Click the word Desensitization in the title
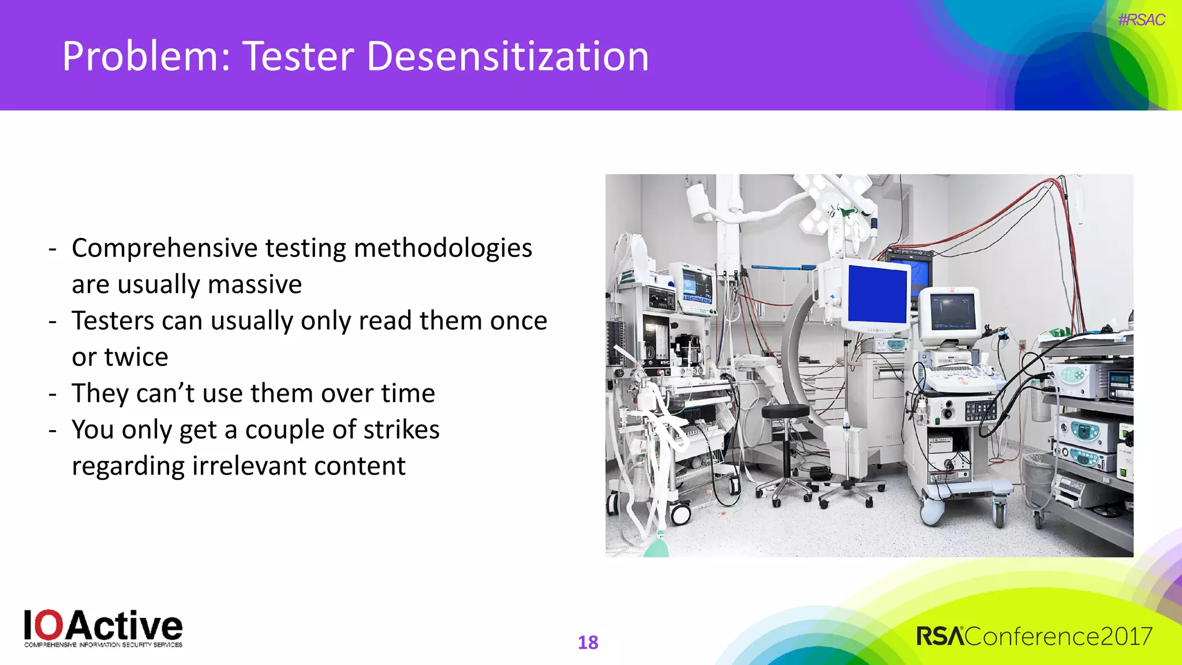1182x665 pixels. pyautogui.click(x=504, y=57)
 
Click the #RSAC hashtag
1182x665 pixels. pyautogui.click(x=1141, y=20)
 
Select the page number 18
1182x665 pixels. pyautogui.click(x=588, y=642)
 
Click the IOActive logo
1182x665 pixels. pyautogui.click(x=103, y=629)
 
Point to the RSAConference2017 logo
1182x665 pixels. pyautogui.click(x=1034, y=637)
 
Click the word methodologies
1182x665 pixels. pyautogui.click(x=443, y=248)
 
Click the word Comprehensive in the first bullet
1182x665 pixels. pyautogui.click(x=164, y=248)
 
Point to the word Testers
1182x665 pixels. pyautogui.click(x=113, y=321)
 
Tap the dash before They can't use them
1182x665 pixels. pyautogui.click(x=53, y=394)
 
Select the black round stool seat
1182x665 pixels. pyautogui.click(x=785, y=412)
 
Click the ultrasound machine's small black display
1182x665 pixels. pyautogui.click(x=952, y=312)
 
